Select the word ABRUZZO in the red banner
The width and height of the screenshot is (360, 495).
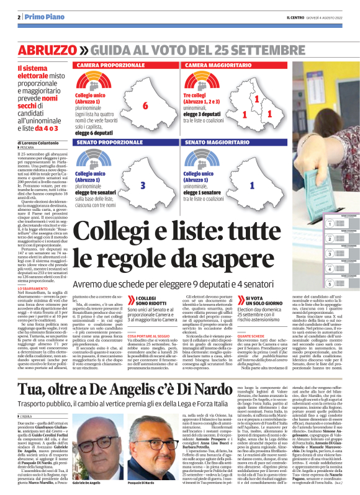coord(46,50)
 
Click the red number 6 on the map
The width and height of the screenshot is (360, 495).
coord(145,105)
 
